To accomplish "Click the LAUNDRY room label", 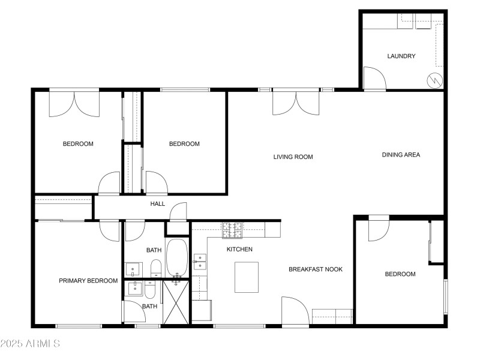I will [401, 56].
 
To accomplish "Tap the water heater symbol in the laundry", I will [434, 79].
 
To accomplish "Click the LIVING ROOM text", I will [293, 157].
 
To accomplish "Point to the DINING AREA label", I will [401, 155].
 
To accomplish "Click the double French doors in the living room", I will [295, 102].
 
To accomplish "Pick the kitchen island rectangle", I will [246, 277].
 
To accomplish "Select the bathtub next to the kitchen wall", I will [177, 258].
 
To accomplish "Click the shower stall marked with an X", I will [176, 303].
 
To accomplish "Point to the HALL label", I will [157, 204].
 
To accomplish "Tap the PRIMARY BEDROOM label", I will [88, 281].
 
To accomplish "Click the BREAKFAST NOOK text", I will [316, 269].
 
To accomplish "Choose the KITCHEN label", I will [239, 249].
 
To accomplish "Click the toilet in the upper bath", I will [155, 268].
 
